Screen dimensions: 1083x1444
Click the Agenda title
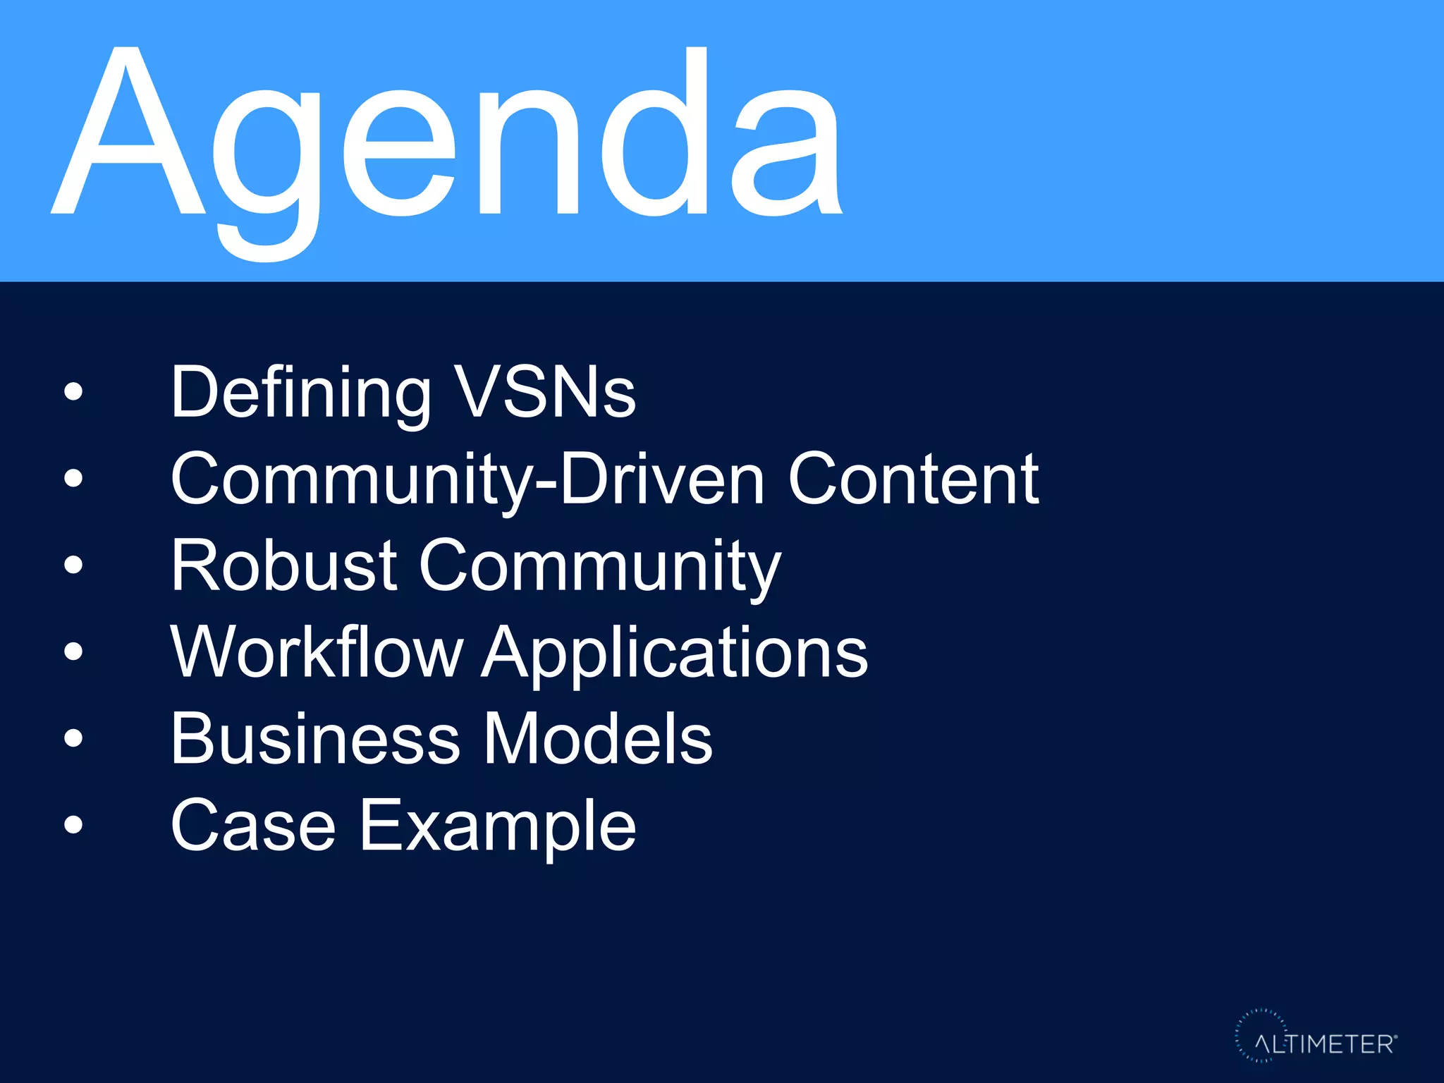(448, 141)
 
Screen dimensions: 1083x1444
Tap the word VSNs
(545, 393)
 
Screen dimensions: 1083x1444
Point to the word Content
(913, 479)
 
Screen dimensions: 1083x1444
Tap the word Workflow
(317, 652)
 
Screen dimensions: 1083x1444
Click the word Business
(315, 738)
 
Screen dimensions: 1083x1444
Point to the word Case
(253, 826)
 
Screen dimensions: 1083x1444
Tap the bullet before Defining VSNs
(73, 392)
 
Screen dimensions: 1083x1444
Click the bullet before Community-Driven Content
(73, 479)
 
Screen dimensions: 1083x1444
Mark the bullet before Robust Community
(73, 565)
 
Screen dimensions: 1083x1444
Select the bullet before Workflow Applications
(73, 651)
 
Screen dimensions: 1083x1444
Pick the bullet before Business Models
(73, 738)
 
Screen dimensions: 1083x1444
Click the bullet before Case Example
(73, 824)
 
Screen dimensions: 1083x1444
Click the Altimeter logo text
(1324, 1044)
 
